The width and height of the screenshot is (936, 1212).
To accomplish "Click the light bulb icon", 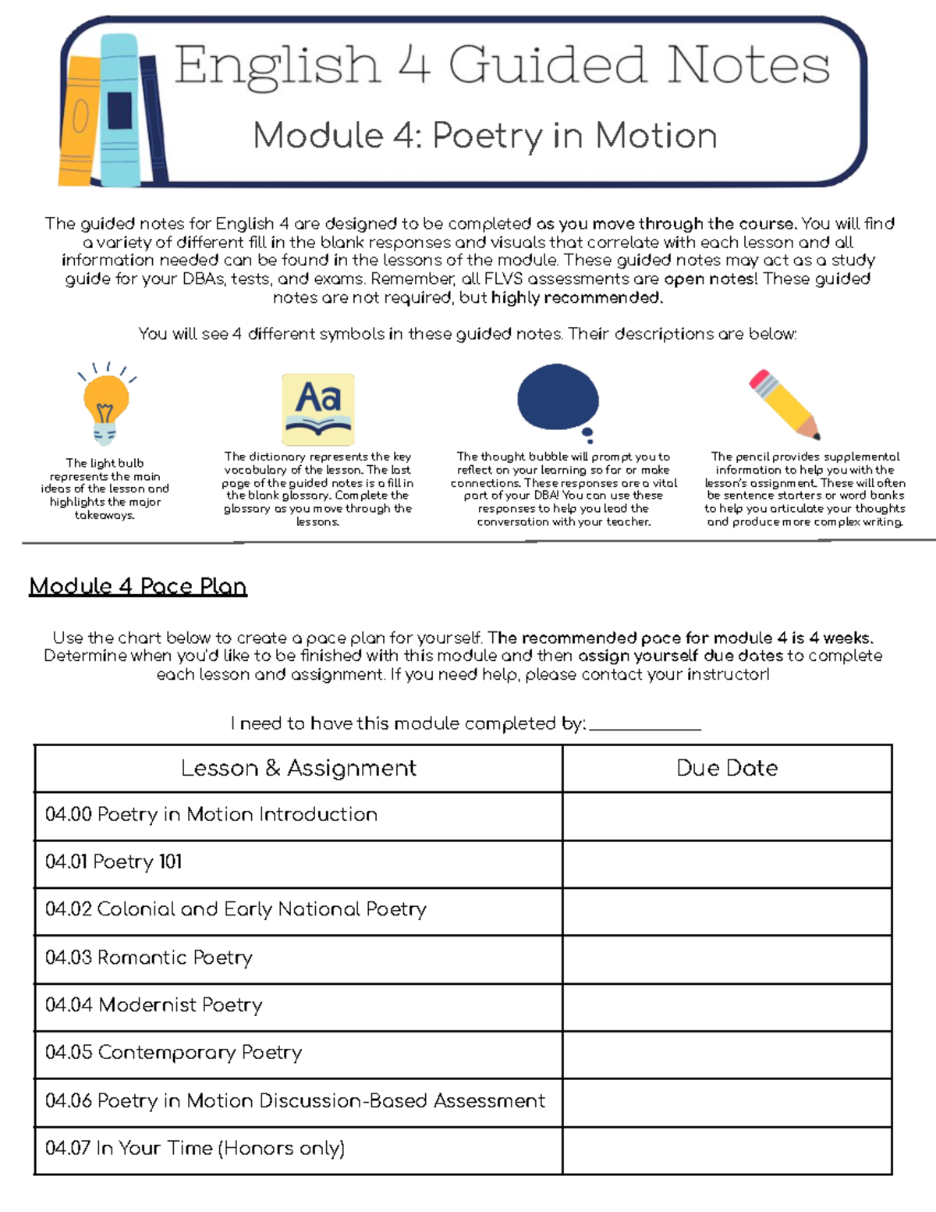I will coord(106,406).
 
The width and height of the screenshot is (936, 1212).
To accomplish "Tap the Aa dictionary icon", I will coord(318,409).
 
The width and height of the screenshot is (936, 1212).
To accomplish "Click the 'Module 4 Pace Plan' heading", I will coord(138,586).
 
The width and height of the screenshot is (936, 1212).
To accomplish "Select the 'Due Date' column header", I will coord(727,768).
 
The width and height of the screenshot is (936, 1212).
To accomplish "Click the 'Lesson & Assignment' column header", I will coord(298,768).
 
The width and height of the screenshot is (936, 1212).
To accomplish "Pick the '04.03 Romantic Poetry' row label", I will coord(149,958).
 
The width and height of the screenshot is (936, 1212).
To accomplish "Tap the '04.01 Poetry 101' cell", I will coord(114,862).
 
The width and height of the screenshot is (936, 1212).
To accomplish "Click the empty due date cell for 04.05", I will coord(727,1054).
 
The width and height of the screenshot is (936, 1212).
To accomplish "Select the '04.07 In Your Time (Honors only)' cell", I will coord(195,1149).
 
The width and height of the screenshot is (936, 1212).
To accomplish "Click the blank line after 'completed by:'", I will coord(645,724).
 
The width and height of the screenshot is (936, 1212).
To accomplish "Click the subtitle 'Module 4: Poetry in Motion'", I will coord(485,136).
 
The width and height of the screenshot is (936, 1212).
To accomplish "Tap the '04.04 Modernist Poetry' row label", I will coord(154,1005).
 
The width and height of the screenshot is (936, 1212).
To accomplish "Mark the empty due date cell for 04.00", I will coord(727,816).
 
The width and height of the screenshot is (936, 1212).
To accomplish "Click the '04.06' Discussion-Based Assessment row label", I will coord(295,1101).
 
